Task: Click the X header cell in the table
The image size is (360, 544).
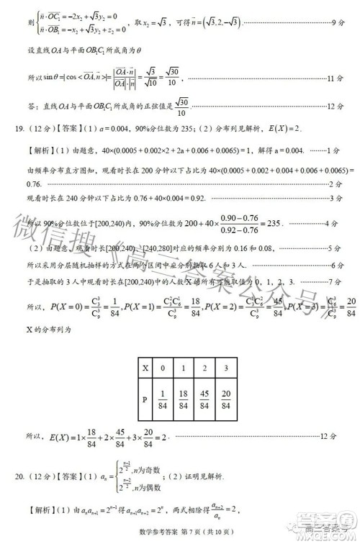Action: tap(146, 368)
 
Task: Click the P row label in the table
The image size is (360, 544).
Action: tap(146, 402)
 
